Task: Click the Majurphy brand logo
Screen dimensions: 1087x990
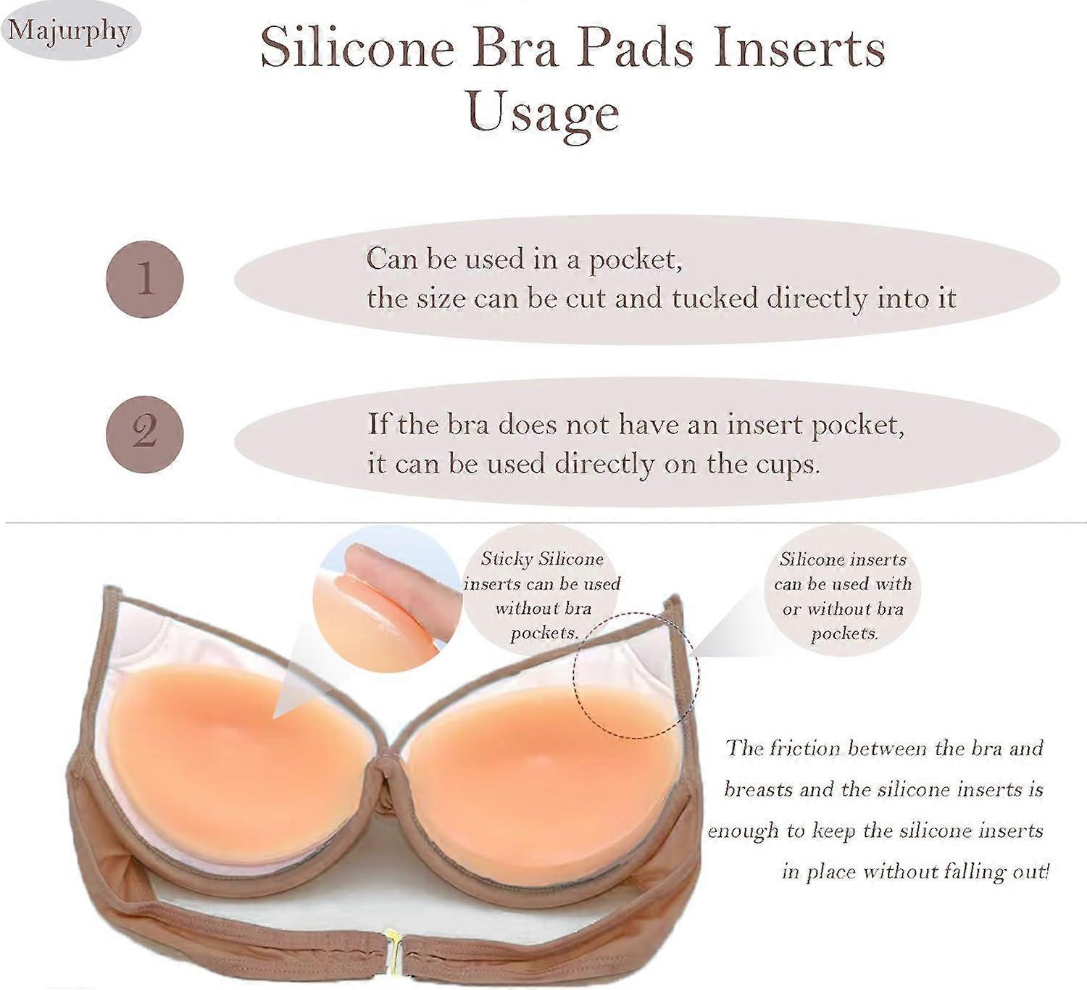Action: (70, 31)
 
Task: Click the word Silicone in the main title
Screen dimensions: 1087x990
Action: (358, 49)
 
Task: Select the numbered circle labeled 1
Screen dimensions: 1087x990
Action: (145, 279)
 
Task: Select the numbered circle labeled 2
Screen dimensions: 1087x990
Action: (145, 434)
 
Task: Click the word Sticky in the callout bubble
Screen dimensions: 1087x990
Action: (507, 560)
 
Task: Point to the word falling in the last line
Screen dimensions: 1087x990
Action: (973, 873)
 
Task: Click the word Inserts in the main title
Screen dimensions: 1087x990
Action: (800, 49)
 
